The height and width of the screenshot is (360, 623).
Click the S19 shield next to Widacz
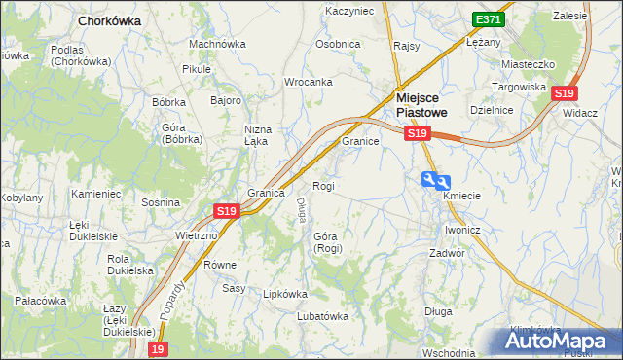click(x=565, y=93)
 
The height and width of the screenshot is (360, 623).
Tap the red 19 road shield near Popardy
click(x=159, y=348)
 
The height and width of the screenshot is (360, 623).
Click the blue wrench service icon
click(x=436, y=180)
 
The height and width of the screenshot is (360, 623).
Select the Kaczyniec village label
click(x=348, y=11)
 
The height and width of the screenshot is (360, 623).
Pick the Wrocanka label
click(x=309, y=82)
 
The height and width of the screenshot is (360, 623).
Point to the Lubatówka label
click(x=322, y=315)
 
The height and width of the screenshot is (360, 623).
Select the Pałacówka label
click(x=40, y=301)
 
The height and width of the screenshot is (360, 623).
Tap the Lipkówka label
click(x=285, y=293)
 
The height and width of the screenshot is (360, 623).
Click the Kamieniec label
click(x=95, y=194)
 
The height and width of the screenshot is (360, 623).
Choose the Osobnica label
click(x=338, y=44)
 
